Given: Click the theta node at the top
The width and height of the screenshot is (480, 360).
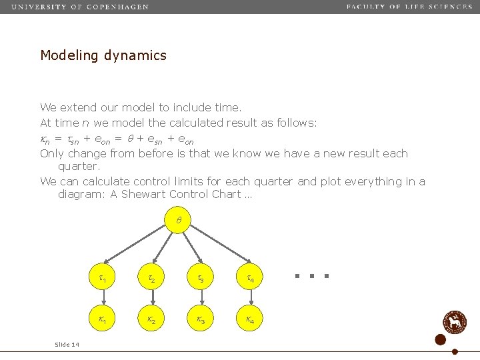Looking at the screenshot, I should pyautogui.click(x=178, y=220).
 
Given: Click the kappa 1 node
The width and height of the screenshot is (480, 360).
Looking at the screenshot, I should pyautogui.click(x=101, y=321).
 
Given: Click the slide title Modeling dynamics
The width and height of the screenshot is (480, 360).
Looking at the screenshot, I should pyautogui.click(x=103, y=55).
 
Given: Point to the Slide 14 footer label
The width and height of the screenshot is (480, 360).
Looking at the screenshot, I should pyautogui.click(x=67, y=344).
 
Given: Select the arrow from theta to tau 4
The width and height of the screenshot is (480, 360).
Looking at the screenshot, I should pyautogui.click(x=220, y=245).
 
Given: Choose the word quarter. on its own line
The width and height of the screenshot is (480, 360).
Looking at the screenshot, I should pyautogui.click(x=79, y=167).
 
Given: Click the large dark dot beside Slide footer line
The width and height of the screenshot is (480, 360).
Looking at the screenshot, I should pyautogui.click(x=440, y=340).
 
